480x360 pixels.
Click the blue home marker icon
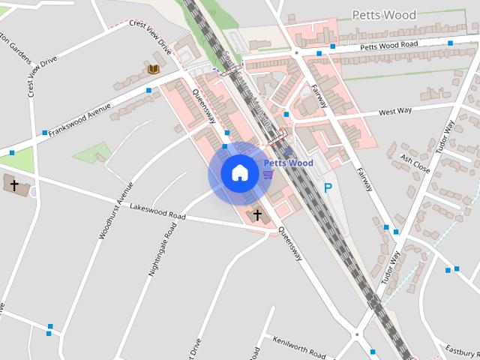(239, 173)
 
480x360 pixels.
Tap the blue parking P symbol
(328, 189)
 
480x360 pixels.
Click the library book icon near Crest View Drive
(153, 70)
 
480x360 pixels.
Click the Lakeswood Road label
(157, 211)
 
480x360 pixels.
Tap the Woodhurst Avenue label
(115, 211)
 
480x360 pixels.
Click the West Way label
(395, 112)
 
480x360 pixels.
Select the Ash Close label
(415, 163)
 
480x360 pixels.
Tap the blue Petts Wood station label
(289, 163)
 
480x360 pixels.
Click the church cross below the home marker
(258, 215)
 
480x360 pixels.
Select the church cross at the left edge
(13, 184)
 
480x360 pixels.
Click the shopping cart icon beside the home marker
(268, 174)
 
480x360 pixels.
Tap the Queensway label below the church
(289, 244)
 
